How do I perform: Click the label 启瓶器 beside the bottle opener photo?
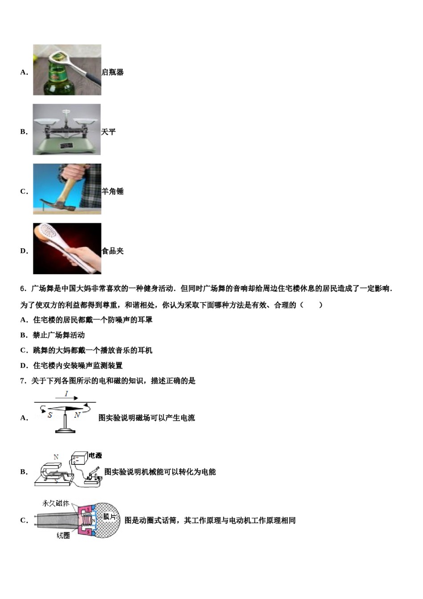[x=113, y=72]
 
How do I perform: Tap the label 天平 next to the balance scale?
[x=108, y=132]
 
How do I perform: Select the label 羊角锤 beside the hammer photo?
[x=113, y=191]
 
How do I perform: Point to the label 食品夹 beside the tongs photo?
[x=113, y=251]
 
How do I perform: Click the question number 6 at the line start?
[x=23, y=288]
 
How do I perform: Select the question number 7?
[x=23, y=381]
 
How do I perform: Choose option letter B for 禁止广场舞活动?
[x=24, y=335]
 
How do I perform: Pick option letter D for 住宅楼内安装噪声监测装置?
[x=24, y=365]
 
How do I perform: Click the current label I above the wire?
[x=66, y=394]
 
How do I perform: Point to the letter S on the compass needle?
[x=50, y=415]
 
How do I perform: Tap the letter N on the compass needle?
[x=77, y=414]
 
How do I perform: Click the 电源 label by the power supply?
[x=95, y=455]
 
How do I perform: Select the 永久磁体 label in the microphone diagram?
[x=56, y=503]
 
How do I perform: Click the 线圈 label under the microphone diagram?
[x=63, y=535]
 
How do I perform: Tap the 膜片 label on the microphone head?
[x=109, y=516]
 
